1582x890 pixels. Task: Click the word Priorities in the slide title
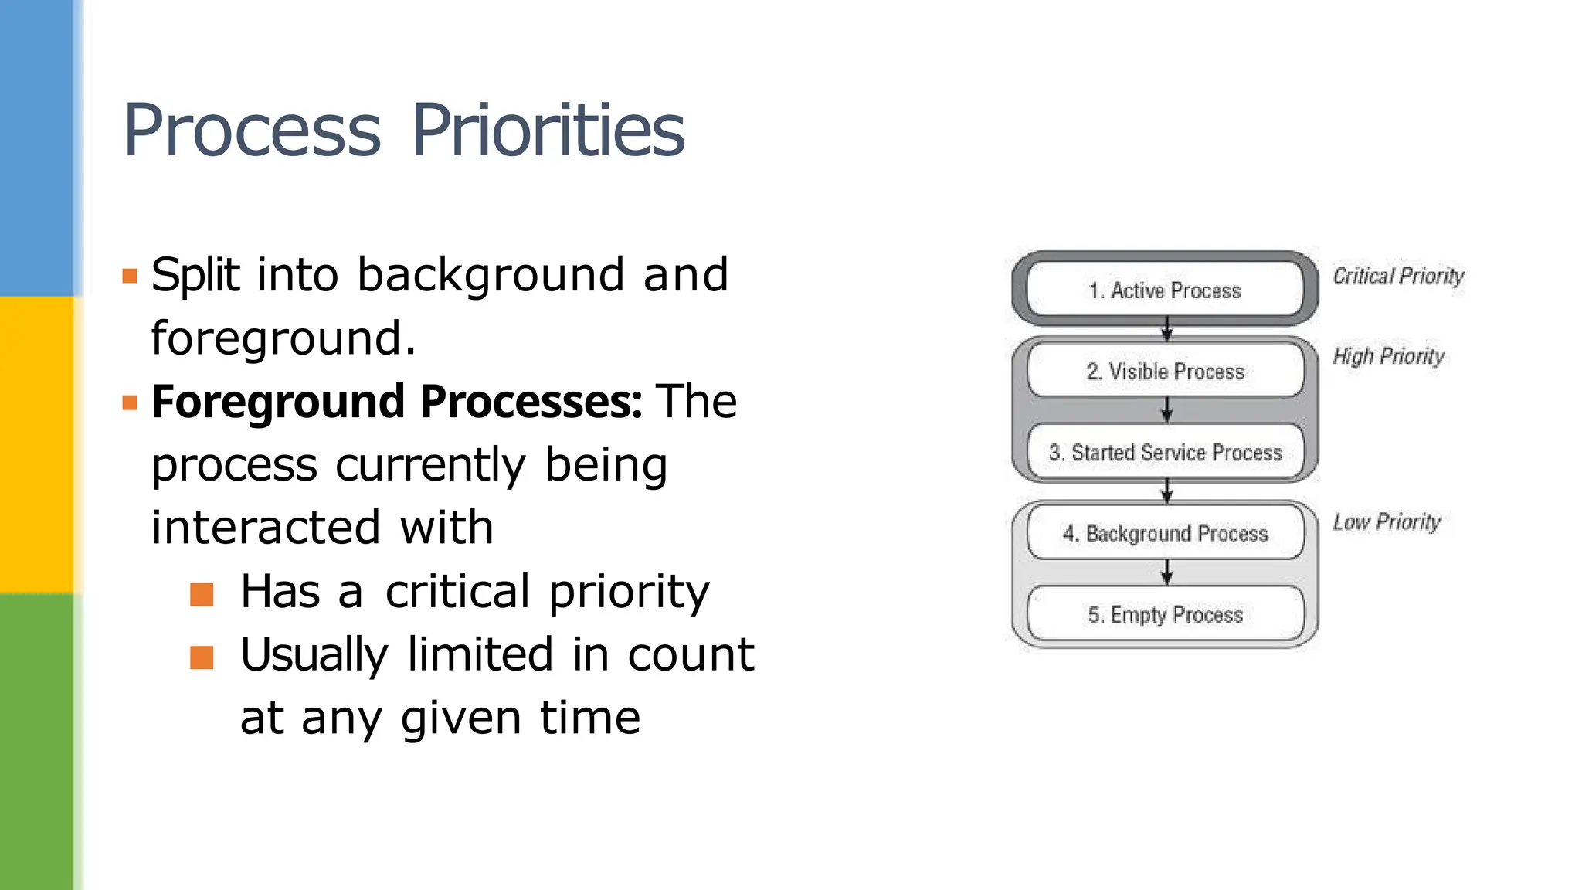[x=548, y=130]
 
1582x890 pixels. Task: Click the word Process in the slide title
[x=252, y=130]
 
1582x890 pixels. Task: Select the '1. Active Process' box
[x=1165, y=290]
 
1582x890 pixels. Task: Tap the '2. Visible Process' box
[x=1165, y=371]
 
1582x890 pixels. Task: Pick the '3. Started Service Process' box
[x=1165, y=452]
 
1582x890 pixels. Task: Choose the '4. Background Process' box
[x=1165, y=533]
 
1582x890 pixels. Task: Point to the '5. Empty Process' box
[x=1165, y=614]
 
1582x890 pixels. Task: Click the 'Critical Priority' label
[x=1398, y=276]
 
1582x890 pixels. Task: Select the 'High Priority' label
[x=1388, y=356]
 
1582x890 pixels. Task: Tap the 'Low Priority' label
[x=1387, y=522]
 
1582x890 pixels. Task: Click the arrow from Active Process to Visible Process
[x=1167, y=330]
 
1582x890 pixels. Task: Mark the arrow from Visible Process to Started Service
[x=1167, y=410]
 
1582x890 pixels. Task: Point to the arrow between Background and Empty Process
[x=1167, y=572]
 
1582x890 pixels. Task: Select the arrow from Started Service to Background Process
[x=1167, y=491]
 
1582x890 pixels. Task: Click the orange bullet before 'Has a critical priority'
[x=202, y=594]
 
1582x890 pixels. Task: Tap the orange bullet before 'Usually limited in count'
[x=202, y=657]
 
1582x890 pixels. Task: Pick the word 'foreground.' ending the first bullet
[x=283, y=338]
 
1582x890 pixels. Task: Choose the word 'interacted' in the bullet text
[x=266, y=528]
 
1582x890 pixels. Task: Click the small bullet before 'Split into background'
[x=130, y=276]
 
